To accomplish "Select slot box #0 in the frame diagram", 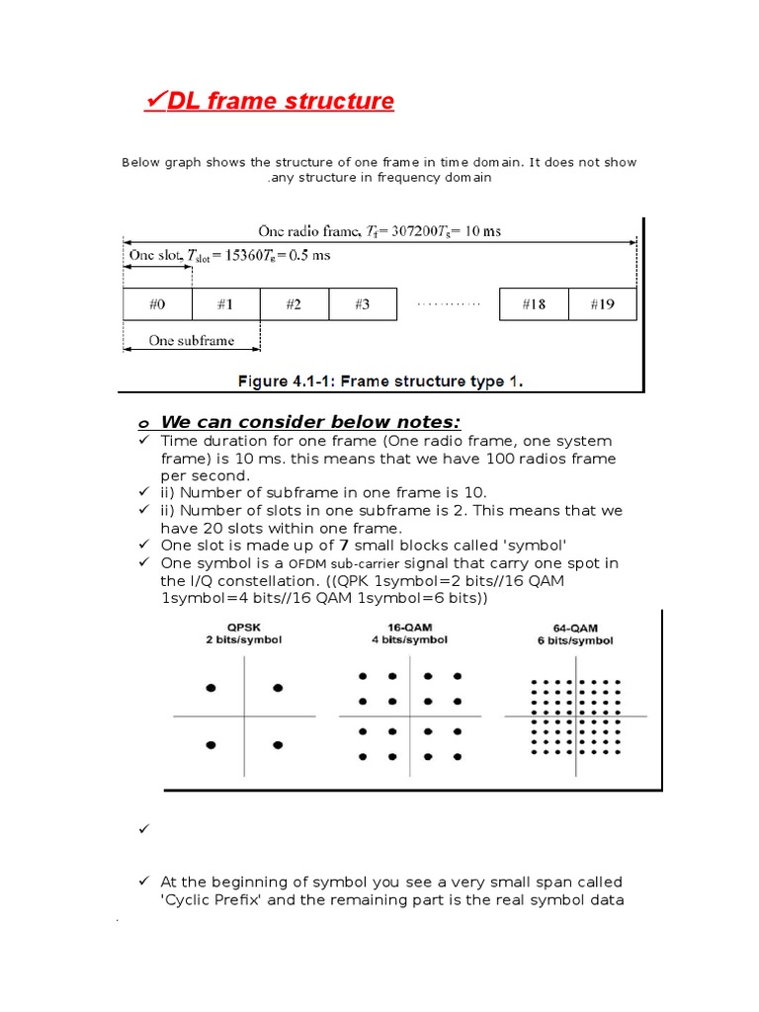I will (157, 304).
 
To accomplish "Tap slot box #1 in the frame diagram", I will (225, 304).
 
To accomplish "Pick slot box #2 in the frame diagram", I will (294, 304).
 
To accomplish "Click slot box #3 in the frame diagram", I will (362, 304).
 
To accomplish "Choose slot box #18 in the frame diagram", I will (534, 304).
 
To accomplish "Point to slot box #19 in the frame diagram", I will (602, 304).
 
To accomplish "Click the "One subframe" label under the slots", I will (192, 341).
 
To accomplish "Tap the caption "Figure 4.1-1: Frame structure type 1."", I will (381, 379).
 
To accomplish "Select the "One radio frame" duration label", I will (379, 231).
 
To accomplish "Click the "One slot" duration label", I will (229, 255).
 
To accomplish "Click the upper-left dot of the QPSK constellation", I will (209, 687).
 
